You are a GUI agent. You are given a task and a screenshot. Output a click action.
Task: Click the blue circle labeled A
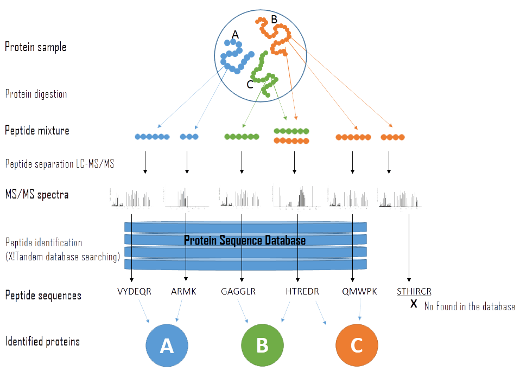click(167, 346)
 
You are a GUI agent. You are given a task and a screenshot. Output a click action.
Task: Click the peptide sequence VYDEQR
click(134, 291)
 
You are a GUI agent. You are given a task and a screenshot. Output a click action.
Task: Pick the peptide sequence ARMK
click(184, 291)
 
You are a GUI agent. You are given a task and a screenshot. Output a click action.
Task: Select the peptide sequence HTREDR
click(302, 291)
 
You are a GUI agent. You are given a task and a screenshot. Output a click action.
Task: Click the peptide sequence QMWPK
click(356, 291)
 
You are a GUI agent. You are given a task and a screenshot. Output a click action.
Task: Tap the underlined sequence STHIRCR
click(414, 291)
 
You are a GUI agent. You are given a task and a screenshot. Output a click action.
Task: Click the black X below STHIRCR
click(414, 304)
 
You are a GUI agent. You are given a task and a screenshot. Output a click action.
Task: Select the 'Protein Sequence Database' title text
click(245, 240)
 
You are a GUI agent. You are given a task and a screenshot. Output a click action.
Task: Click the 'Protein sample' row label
click(35, 47)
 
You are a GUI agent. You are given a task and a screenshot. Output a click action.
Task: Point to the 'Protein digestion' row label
click(36, 94)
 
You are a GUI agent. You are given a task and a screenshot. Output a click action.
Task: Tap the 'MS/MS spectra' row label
click(36, 194)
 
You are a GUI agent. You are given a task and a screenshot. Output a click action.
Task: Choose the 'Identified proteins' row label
click(42, 342)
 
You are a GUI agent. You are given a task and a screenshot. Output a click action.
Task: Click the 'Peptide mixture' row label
click(37, 131)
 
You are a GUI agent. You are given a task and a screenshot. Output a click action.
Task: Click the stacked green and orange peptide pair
click(291, 136)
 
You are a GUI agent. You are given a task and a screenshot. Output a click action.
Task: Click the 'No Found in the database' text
click(470, 306)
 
